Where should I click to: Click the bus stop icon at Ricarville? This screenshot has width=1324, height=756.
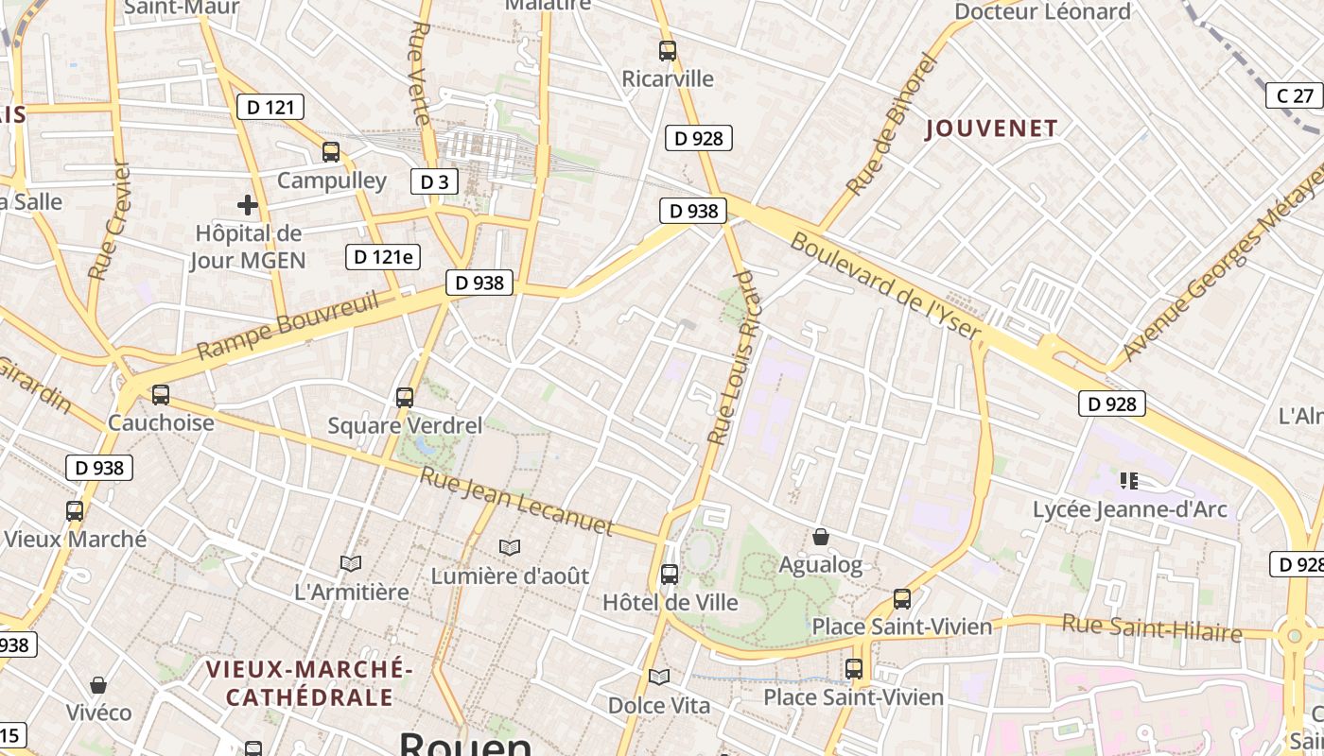(668, 51)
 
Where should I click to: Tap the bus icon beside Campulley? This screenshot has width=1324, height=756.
(331, 152)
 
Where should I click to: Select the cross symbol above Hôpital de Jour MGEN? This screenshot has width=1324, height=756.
(248, 205)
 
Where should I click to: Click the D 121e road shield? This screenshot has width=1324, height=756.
(383, 257)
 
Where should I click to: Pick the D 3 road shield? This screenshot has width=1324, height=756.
(434, 181)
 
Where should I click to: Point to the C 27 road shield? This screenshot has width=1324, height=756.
(1295, 95)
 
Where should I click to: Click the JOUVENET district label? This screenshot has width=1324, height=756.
(991, 129)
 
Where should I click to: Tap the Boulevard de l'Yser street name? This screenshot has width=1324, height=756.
(885, 288)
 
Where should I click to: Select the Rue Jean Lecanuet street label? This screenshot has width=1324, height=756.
(516, 502)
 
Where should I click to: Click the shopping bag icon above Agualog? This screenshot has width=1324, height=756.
(821, 537)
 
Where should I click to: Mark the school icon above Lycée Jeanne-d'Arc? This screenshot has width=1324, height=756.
(1128, 481)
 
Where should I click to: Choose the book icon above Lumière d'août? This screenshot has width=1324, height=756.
(510, 547)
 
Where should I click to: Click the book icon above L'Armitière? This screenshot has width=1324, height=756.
(351, 563)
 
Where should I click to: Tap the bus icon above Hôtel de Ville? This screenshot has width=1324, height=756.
(670, 574)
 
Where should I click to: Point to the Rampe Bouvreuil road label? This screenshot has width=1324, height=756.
(287, 326)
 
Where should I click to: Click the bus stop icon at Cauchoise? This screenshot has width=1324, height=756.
(161, 395)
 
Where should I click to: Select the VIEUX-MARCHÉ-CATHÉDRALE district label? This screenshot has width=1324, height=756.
(310, 683)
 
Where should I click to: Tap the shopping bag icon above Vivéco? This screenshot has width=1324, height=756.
(98, 684)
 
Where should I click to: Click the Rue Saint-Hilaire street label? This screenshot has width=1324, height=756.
(1151, 627)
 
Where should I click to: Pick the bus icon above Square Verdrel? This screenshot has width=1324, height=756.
(405, 398)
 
